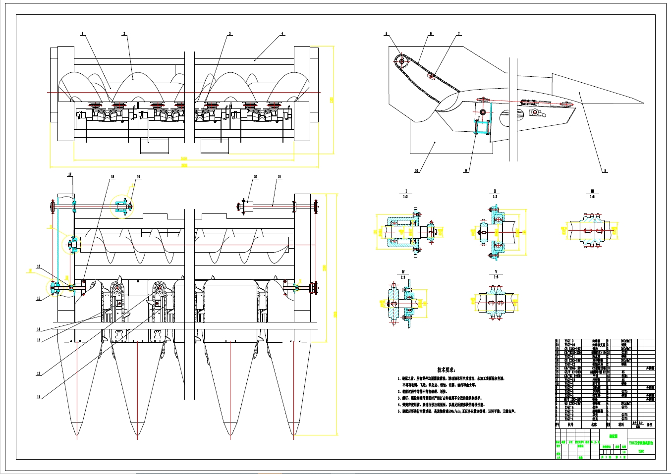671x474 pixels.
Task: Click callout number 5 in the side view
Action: point(386,34)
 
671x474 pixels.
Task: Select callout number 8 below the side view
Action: point(605,171)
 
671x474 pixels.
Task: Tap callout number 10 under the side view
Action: point(416,171)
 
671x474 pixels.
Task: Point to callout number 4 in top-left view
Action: point(282,34)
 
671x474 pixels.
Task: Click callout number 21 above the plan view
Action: point(280,177)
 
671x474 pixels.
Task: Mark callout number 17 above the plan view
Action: point(70,174)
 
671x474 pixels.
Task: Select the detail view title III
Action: point(592,191)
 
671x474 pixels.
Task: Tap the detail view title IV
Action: point(403,272)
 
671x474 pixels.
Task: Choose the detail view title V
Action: point(496,272)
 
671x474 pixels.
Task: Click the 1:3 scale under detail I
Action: point(405,197)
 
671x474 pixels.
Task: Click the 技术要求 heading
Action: point(447,369)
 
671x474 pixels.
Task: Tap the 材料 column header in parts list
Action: point(621,424)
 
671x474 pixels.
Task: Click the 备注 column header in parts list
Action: point(649,424)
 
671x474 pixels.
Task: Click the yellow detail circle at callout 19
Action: point(122,206)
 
